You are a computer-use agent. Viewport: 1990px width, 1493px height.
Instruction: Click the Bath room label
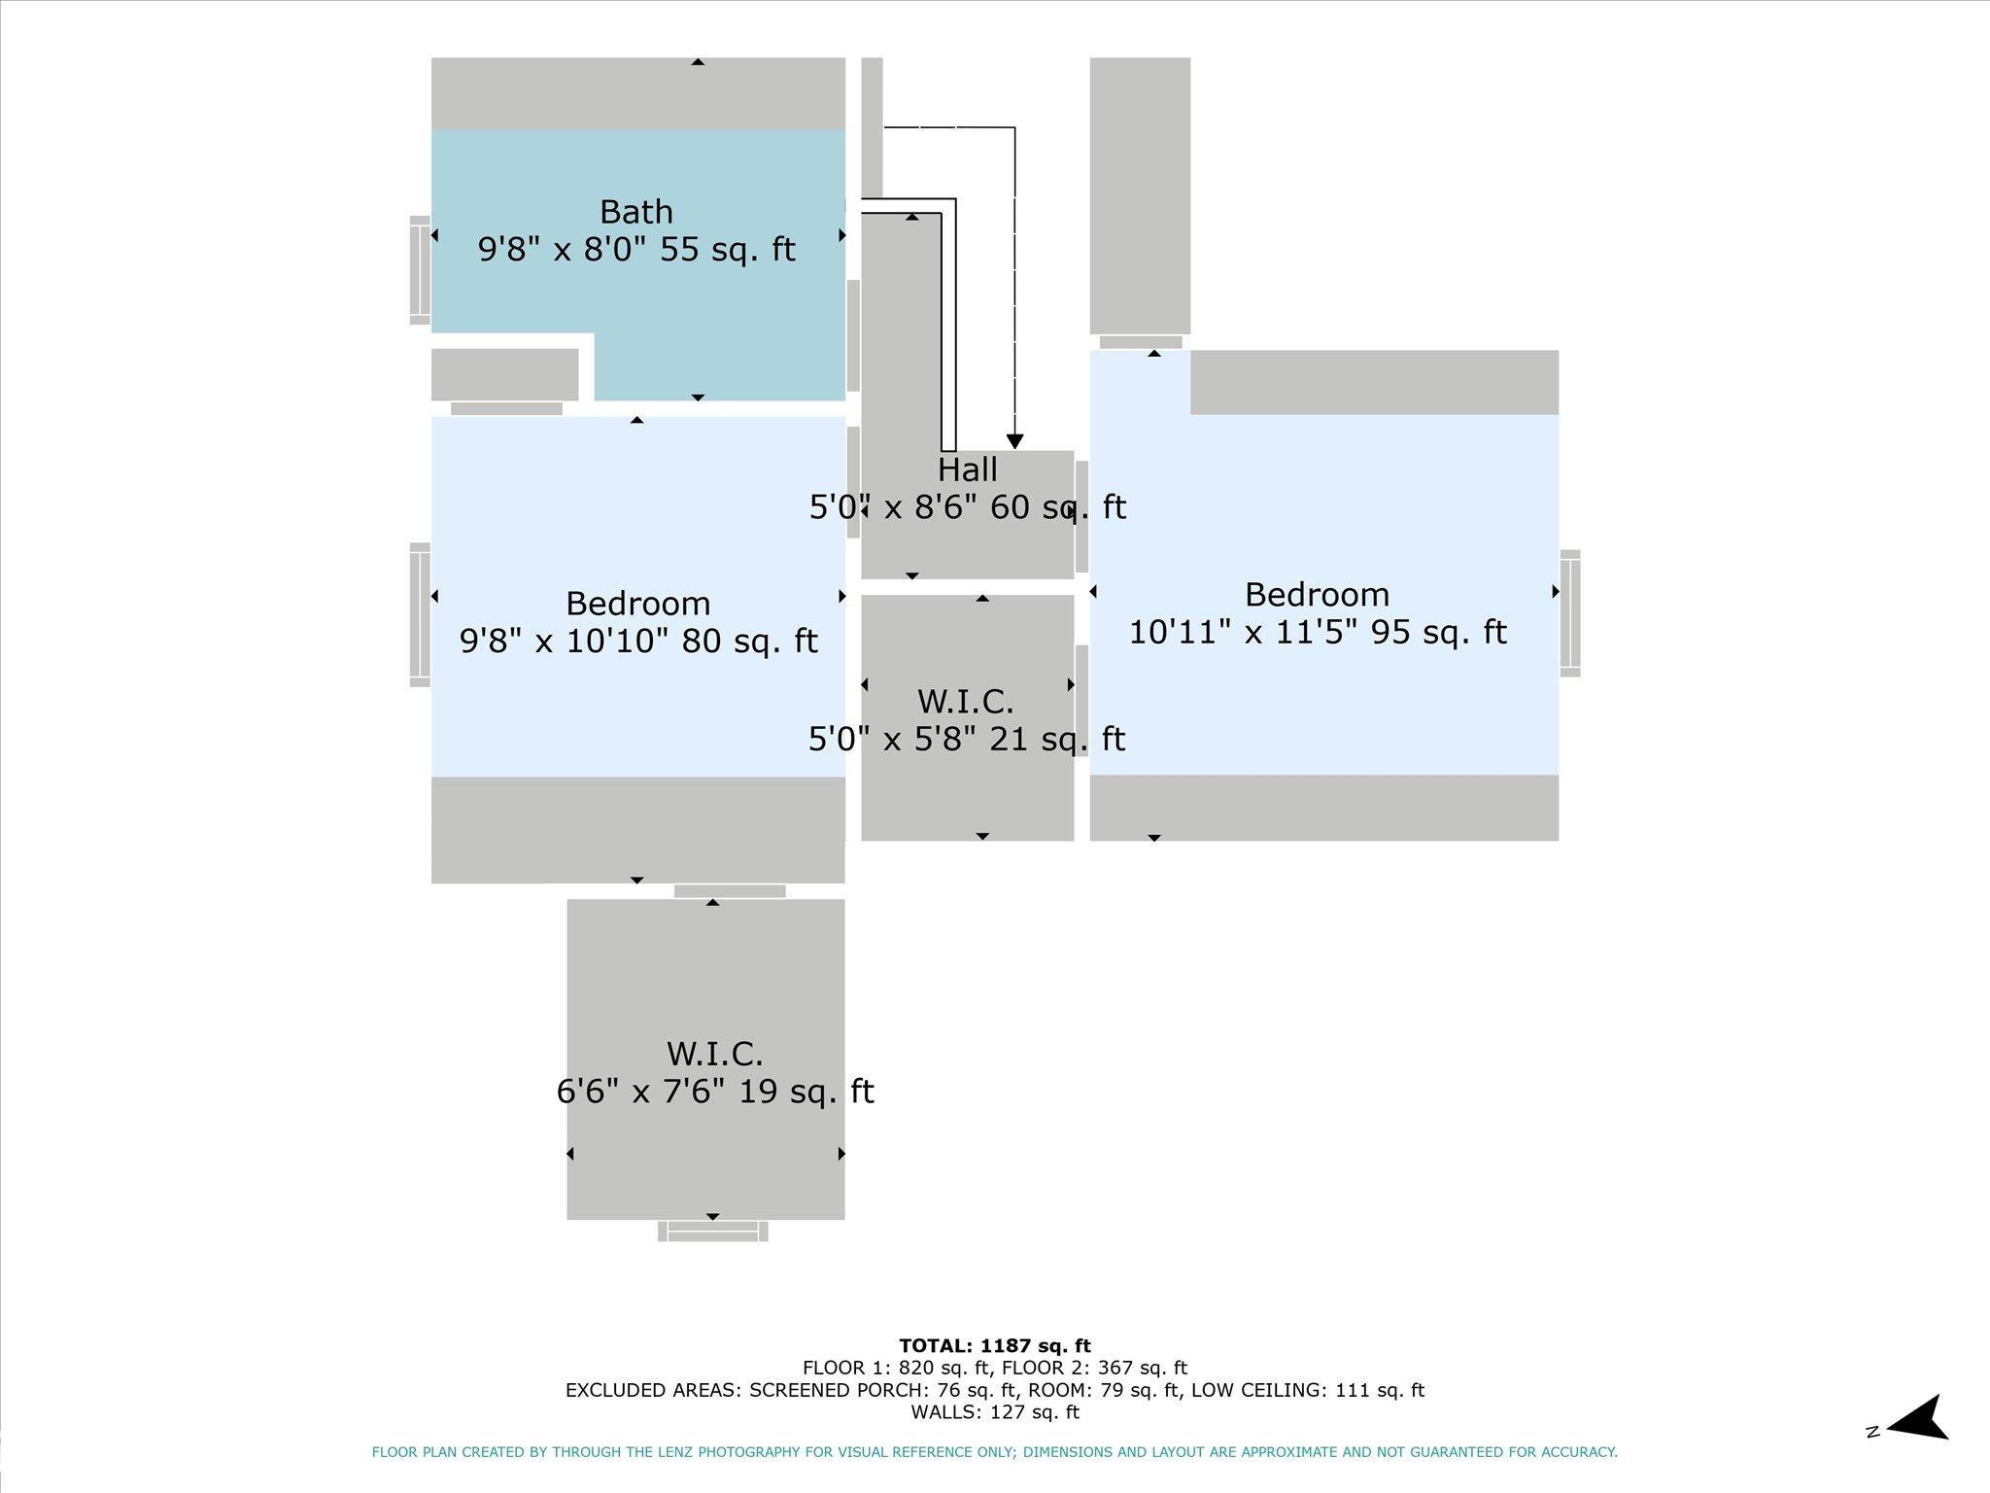[x=636, y=211]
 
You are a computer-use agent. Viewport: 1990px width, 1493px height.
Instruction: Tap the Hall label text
[x=968, y=469]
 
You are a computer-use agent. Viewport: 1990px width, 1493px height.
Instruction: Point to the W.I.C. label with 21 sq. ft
[x=966, y=701]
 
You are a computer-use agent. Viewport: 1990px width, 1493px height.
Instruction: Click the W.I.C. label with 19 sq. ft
[x=715, y=1053]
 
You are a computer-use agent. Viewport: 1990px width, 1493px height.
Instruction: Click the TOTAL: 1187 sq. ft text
[x=995, y=1345]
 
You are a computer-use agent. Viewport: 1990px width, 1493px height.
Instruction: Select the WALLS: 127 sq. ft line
[x=995, y=1412]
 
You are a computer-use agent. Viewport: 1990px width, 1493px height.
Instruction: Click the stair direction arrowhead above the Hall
[x=1015, y=442]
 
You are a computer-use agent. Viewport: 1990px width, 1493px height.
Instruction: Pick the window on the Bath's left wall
[x=420, y=269]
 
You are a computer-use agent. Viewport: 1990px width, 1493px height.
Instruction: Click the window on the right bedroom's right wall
[x=1570, y=613]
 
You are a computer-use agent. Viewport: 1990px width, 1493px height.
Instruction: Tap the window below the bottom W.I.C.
[x=713, y=1232]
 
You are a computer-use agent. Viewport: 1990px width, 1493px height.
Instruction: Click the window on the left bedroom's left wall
[x=420, y=614]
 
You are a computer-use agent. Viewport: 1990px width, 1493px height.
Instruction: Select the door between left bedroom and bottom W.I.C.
[x=730, y=891]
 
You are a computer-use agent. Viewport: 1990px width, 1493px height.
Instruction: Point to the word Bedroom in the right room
[x=1317, y=594]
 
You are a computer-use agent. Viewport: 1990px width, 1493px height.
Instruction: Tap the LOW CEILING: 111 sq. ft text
[x=1308, y=1390]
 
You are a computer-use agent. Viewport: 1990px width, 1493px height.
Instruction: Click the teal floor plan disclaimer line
[x=995, y=1452]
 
